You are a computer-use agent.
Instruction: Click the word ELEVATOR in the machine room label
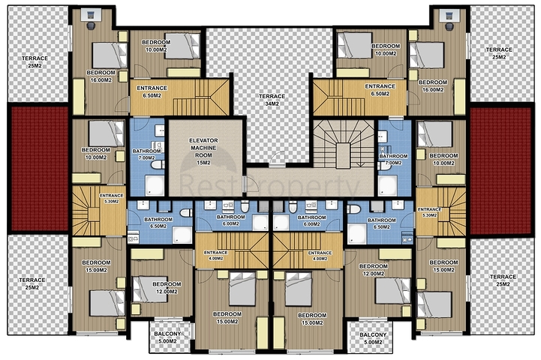tap(203, 141)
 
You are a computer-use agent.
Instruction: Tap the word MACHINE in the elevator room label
tap(203, 148)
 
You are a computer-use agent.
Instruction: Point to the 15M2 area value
tap(203, 163)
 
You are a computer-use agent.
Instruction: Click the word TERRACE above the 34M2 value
tap(272, 96)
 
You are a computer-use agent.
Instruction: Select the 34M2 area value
tap(272, 103)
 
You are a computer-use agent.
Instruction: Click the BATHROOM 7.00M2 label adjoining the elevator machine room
tap(146, 154)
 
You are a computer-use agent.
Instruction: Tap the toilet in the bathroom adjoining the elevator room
tap(158, 165)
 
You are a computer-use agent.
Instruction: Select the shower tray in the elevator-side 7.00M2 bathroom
tap(155, 186)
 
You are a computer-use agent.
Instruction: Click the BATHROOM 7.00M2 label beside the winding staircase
tap(393, 159)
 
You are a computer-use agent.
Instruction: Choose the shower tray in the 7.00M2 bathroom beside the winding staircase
tap(388, 186)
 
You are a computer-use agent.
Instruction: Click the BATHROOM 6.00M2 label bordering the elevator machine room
tap(230, 220)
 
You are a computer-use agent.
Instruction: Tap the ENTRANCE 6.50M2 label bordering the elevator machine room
tap(152, 91)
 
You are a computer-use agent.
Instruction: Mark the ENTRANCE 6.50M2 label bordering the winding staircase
tap(380, 90)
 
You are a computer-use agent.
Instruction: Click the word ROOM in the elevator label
tap(203, 155)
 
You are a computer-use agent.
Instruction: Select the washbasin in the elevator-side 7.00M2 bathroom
tap(160, 130)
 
